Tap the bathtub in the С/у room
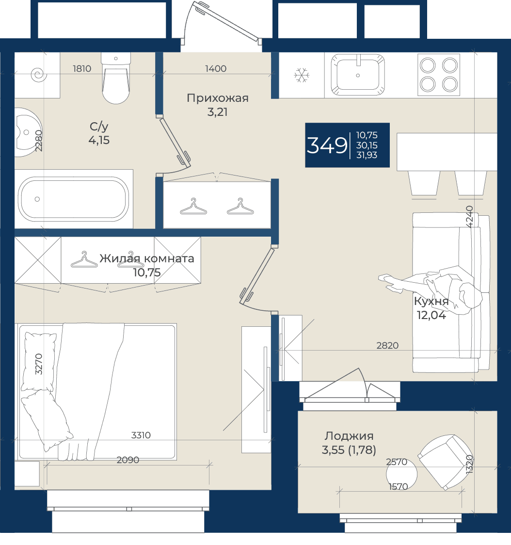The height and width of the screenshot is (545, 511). (73, 199)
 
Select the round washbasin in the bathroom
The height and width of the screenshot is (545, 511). (28, 132)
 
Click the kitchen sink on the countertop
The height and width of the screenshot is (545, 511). (358, 74)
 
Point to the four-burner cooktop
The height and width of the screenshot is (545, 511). (439, 75)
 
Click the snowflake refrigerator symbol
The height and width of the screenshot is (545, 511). (302, 75)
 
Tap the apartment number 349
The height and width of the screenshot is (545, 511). (327, 145)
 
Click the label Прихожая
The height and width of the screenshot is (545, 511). (218, 98)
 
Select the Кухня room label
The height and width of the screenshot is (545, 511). (431, 301)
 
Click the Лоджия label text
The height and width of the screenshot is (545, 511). (349, 435)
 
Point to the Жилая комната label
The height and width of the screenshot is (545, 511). (147, 258)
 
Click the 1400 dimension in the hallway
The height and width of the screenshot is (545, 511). (216, 68)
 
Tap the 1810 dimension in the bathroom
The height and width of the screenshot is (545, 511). (82, 68)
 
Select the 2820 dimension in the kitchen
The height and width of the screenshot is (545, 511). (387, 345)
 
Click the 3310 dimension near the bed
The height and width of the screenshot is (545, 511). (141, 435)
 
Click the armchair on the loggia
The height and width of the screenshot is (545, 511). (445, 462)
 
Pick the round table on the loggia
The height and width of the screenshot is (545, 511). (401, 474)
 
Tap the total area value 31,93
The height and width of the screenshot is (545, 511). (367, 155)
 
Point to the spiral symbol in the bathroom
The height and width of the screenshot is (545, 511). (39, 74)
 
